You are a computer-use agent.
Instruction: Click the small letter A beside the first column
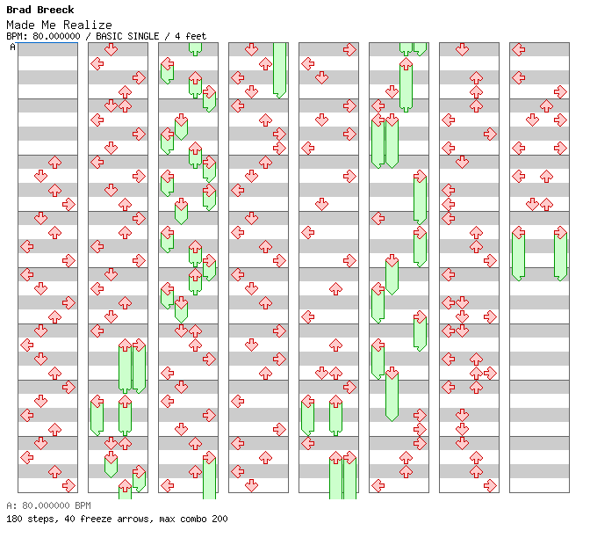pyautogui.click(x=12, y=47)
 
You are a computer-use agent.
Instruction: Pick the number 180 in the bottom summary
pyautogui.click(x=14, y=519)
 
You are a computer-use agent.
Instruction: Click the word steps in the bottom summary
pyautogui.click(x=40, y=519)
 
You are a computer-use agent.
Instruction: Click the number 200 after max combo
pyautogui.click(x=219, y=519)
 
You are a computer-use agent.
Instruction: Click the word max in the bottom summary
pyautogui.click(x=165, y=519)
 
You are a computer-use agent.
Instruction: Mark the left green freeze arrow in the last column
pyautogui.click(x=518, y=253)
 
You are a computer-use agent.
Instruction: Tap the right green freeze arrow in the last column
pyautogui.click(x=560, y=253)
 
